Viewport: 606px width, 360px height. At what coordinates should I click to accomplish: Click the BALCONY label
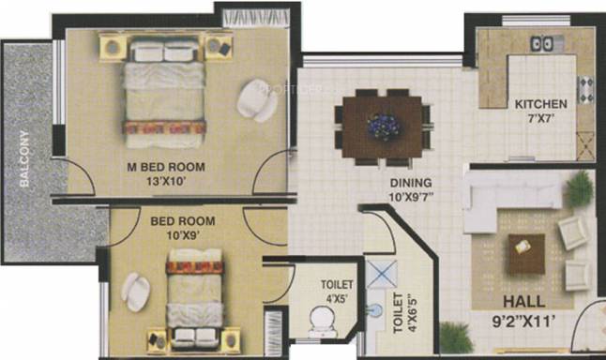(x=24, y=159)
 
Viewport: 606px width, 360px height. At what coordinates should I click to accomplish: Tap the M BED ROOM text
(x=166, y=167)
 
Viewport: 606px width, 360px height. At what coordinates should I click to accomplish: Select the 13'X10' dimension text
(x=167, y=181)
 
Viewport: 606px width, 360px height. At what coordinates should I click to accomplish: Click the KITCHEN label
(x=540, y=104)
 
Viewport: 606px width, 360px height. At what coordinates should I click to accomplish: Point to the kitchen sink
(x=542, y=44)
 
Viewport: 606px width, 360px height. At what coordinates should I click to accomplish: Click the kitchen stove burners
(x=585, y=90)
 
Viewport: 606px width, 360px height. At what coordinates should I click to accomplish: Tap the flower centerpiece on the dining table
(x=383, y=126)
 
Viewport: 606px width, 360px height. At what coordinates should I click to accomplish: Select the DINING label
(x=411, y=183)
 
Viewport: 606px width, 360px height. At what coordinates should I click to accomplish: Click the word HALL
(x=524, y=302)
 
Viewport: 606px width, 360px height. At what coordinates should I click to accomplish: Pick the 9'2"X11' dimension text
(x=524, y=322)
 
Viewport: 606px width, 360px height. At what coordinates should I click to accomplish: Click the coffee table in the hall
(x=526, y=254)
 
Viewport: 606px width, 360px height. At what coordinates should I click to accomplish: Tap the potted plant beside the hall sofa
(x=580, y=189)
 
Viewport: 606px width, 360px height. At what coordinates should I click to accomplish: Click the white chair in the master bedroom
(x=256, y=100)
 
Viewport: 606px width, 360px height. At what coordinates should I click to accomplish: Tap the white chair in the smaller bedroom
(x=135, y=292)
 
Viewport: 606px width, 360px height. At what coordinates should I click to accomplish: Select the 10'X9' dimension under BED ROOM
(x=183, y=235)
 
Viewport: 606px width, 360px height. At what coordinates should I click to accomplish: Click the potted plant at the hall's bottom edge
(x=456, y=338)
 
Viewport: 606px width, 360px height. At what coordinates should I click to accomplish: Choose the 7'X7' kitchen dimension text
(x=541, y=118)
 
